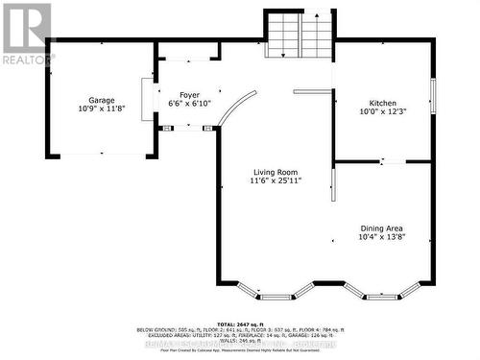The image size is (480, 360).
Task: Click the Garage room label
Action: (102, 101)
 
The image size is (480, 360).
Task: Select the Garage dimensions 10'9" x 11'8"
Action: (102, 109)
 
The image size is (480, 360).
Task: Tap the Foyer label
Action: (188, 95)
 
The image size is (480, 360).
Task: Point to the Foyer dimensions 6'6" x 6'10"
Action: (188, 104)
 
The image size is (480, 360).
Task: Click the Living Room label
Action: (276, 171)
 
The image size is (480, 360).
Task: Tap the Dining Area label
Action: (383, 227)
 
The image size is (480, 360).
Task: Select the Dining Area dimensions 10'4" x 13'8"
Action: (383, 236)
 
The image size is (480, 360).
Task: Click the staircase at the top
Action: (299, 36)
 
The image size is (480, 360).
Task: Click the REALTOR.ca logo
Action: (26, 33)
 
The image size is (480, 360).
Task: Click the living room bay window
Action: (276, 291)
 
